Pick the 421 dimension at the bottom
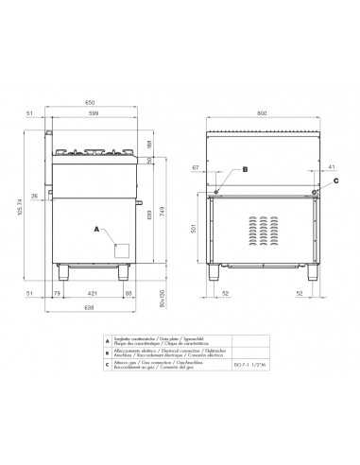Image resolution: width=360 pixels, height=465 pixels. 92,294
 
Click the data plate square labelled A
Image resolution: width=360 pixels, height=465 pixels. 121,250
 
